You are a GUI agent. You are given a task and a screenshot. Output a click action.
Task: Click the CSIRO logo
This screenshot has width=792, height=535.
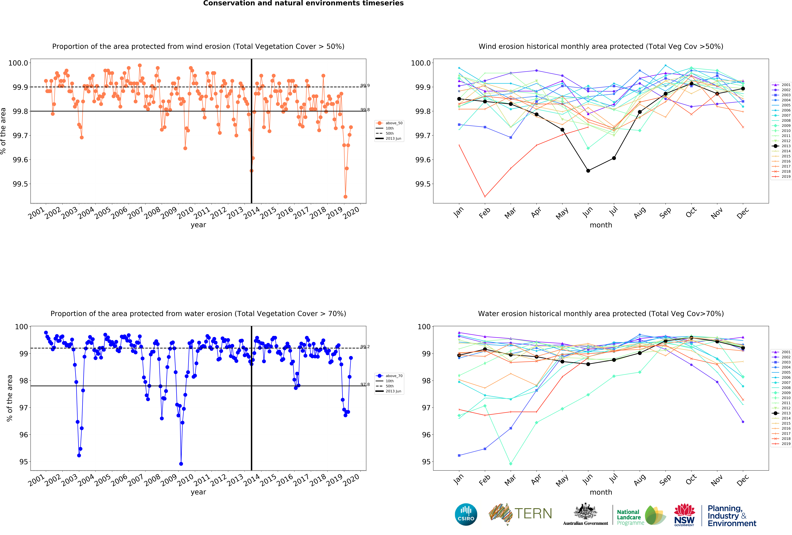point(466,514)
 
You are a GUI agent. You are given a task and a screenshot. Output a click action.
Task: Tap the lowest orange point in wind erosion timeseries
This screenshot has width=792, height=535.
point(346,197)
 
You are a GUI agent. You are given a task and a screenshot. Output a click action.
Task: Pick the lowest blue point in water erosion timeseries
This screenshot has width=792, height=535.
point(181,464)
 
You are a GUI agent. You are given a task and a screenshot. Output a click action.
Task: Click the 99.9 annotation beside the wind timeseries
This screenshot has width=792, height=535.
point(365,86)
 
